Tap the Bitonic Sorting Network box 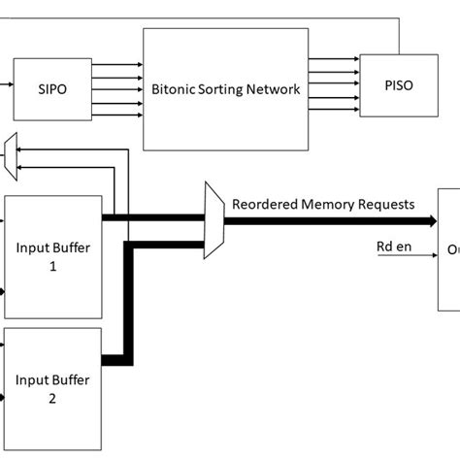click(x=225, y=88)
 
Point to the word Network click(x=273, y=89)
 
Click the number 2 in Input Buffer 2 click(x=53, y=397)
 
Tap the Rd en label click(x=392, y=246)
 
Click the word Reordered click(x=264, y=204)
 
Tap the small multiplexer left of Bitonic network click(x=11, y=155)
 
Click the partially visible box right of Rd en click(x=448, y=249)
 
